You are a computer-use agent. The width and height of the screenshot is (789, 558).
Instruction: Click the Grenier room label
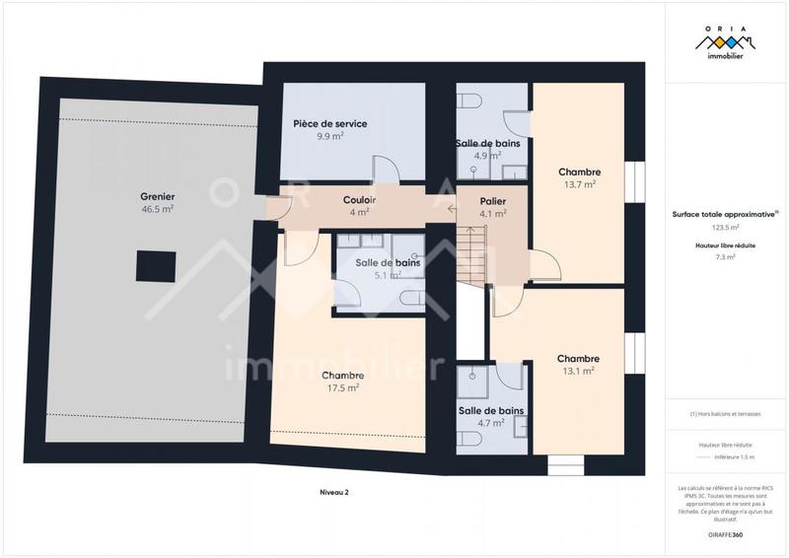[157, 196]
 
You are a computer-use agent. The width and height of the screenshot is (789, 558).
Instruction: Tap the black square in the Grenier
[156, 265]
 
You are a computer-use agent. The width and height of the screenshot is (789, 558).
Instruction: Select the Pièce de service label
[330, 123]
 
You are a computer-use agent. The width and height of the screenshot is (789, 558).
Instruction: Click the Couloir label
[359, 200]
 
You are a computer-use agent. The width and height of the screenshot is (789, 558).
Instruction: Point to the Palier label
[492, 201]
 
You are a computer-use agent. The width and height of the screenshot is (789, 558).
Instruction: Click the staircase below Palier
[474, 254]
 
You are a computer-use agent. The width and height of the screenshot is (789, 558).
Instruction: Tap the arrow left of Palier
[451, 207]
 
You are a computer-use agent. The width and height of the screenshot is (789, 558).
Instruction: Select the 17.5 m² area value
[342, 388]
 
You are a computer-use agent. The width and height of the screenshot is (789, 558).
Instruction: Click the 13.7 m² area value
[579, 184]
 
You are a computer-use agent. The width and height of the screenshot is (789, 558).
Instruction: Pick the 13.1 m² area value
[578, 372]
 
